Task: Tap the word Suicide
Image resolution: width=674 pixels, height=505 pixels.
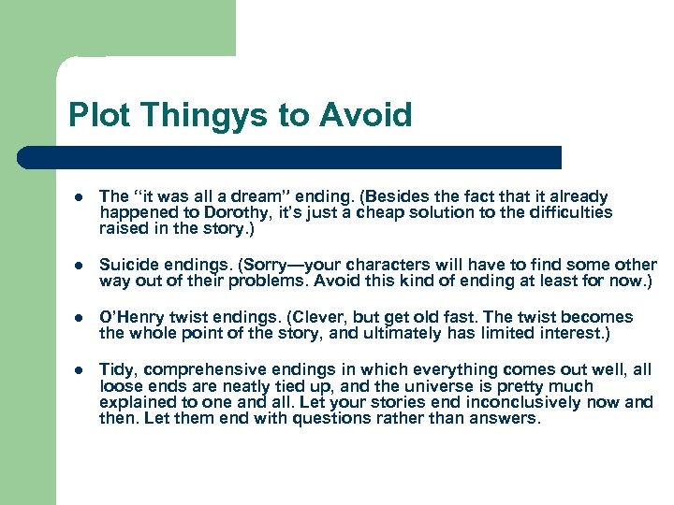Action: click(x=127, y=265)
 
